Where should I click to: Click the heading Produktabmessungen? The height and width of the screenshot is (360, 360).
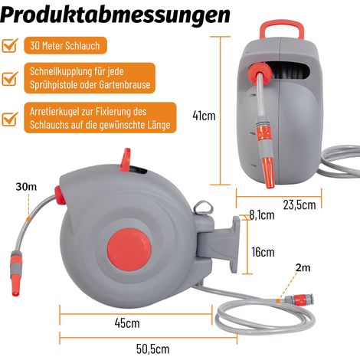(115, 14)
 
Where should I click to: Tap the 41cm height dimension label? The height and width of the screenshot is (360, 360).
(204, 116)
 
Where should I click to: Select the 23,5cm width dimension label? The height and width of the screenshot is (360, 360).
(299, 205)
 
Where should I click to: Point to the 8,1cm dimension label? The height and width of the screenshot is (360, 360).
(262, 215)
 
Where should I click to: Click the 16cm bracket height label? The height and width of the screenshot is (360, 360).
(263, 252)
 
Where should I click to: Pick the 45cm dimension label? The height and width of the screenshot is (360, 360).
(127, 323)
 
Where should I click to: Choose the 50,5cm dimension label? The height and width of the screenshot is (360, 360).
(152, 349)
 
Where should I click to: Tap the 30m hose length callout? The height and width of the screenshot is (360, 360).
(26, 187)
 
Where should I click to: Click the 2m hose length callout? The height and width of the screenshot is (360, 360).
(303, 267)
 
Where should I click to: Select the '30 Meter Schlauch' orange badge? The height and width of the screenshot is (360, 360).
(65, 45)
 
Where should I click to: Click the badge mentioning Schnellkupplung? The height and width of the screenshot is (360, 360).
(90, 78)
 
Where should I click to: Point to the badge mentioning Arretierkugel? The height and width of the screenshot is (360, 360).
(100, 118)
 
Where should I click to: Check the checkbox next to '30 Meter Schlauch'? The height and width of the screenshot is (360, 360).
(10, 45)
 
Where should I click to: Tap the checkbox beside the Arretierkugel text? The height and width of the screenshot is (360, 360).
(10, 119)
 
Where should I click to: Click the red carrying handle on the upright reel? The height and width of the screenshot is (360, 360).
(282, 30)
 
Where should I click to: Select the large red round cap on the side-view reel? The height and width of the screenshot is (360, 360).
(129, 249)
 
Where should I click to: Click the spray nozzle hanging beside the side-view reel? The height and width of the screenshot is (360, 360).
(17, 273)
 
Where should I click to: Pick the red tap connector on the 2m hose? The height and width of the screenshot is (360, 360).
(299, 299)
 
